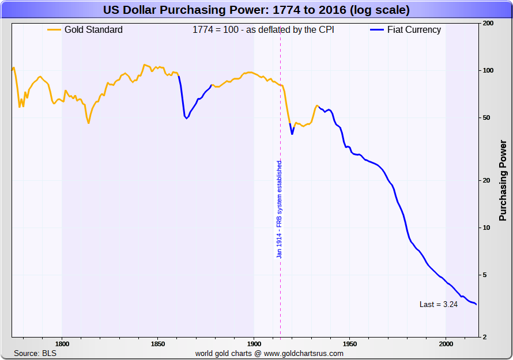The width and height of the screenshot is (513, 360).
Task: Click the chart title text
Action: (x=256, y=10)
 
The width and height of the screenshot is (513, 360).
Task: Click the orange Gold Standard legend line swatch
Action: (x=54, y=30)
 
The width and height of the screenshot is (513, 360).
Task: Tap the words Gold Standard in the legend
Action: (x=93, y=30)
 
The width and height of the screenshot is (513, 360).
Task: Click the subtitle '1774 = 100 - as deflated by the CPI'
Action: (x=263, y=30)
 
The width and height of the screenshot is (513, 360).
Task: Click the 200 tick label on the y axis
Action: (x=488, y=24)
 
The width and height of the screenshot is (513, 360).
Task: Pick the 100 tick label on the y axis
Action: (x=488, y=70)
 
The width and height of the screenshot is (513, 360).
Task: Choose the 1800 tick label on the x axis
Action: (x=62, y=344)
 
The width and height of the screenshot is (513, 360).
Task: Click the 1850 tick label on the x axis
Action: (x=158, y=344)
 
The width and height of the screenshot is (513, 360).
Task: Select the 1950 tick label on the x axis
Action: (x=350, y=344)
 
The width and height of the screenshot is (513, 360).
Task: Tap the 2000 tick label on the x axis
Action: (x=446, y=344)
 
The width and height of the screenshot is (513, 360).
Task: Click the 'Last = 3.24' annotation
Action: (x=439, y=305)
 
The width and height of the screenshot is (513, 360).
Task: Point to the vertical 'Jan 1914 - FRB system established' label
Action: (x=280, y=209)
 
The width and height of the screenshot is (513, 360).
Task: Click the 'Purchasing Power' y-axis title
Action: (x=503, y=180)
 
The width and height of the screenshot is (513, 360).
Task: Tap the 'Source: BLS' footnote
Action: (x=35, y=353)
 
